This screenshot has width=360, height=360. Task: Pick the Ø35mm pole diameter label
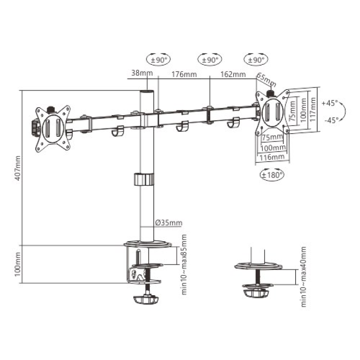[169, 222]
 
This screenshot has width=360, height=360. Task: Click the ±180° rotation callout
[272, 174]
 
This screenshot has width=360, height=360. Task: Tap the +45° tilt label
[330, 103]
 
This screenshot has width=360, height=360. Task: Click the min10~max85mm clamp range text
[184, 264]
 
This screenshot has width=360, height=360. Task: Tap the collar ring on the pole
[144, 179]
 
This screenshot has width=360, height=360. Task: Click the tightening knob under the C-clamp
[147, 298]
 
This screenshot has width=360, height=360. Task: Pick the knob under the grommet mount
[255, 293]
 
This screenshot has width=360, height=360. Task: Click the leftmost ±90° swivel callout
[158, 59]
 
